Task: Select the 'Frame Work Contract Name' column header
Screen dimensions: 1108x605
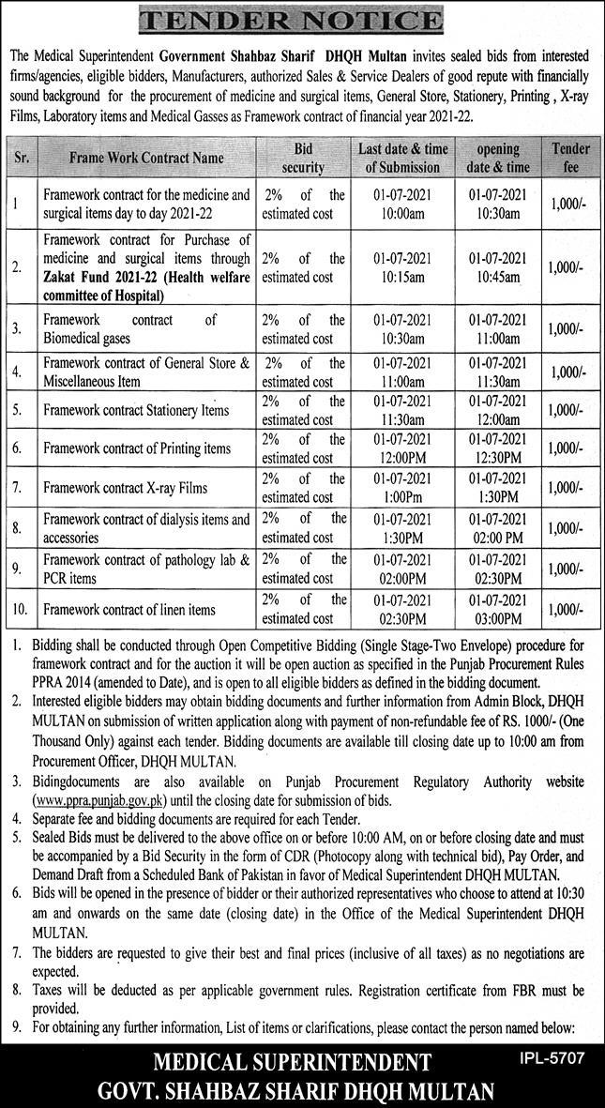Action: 146,159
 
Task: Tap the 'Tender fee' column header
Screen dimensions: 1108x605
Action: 571,158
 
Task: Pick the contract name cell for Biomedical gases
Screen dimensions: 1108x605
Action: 146,328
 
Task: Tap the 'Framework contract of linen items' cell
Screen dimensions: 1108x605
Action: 129,609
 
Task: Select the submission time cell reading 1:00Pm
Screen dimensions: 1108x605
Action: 402,497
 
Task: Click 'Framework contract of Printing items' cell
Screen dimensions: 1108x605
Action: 137,448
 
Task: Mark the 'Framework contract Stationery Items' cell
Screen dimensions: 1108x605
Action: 136,410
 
